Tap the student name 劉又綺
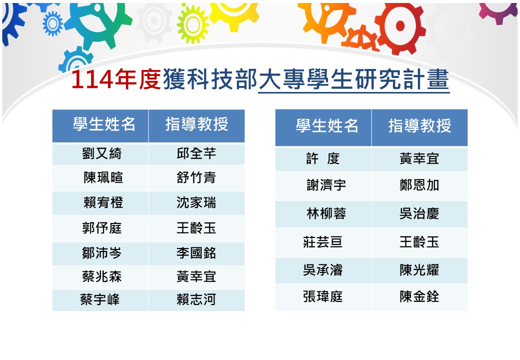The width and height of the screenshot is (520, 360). pyautogui.click(x=102, y=153)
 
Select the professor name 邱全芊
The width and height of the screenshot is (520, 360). pyautogui.click(x=196, y=153)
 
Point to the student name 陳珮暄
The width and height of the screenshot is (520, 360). pyautogui.click(x=103, y=178)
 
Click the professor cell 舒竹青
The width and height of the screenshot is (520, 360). pyautogui.click(x=196, y=178)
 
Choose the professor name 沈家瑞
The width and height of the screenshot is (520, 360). pyautogui.click(x=196, y=203)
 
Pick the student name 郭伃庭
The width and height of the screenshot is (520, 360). pyautogui.click(x=102, y=228)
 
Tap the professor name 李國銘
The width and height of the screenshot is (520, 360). pyautogui.click(x=196, y=252)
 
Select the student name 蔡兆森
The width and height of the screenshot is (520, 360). pyautogui.click(x=102, y=276)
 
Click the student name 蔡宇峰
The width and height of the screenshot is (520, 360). pyautogui.click(x=100, y=300)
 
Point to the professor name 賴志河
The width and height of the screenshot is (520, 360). pyautogui.click(x=196, y=300)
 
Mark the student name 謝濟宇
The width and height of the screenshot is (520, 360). pyautogui.click(x=326, y=185)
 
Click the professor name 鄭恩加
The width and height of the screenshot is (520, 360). pyautogui.click(x=419, y=185)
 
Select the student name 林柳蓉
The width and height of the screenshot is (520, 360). pyautogui.click(x=326, y=214)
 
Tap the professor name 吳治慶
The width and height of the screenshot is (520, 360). pyautogui.click(x=419, y=214)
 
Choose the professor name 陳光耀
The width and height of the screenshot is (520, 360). pyautogui.click(x=419, y=270)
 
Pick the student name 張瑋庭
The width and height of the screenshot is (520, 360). pyautogui.click(x=323, y=297)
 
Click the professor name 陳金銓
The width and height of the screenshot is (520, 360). pyautogui.click(x=419, y=297)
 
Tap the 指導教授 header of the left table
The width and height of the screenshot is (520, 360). pyautogui.click(x=196, y=125)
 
